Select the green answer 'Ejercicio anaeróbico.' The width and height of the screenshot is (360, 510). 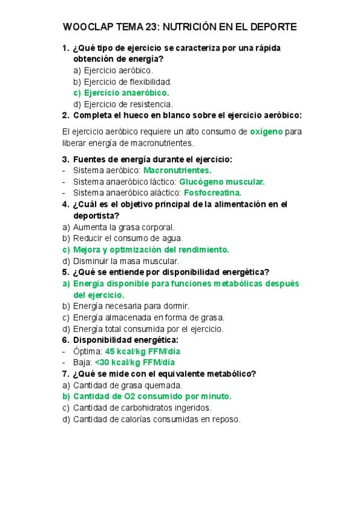tap(126, 93)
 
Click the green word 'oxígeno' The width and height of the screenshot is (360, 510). tap(266, 132)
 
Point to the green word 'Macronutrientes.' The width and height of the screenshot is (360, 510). tap(177, 170)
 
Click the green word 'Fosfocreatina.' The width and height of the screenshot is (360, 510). tap(212, 193)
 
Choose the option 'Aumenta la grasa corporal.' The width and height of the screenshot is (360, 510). tap(123, 227)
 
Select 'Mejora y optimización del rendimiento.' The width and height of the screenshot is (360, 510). tap(151, 250)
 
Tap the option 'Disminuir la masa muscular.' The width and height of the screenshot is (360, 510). tap(126, 261)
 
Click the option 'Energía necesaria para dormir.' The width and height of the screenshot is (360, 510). tap(131, 306)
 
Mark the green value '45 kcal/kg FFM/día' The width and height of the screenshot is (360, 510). tap(142, 351)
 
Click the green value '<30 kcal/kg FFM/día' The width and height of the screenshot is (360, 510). tap(135, 362)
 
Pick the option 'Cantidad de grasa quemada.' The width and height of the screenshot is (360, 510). tap(127, 385)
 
